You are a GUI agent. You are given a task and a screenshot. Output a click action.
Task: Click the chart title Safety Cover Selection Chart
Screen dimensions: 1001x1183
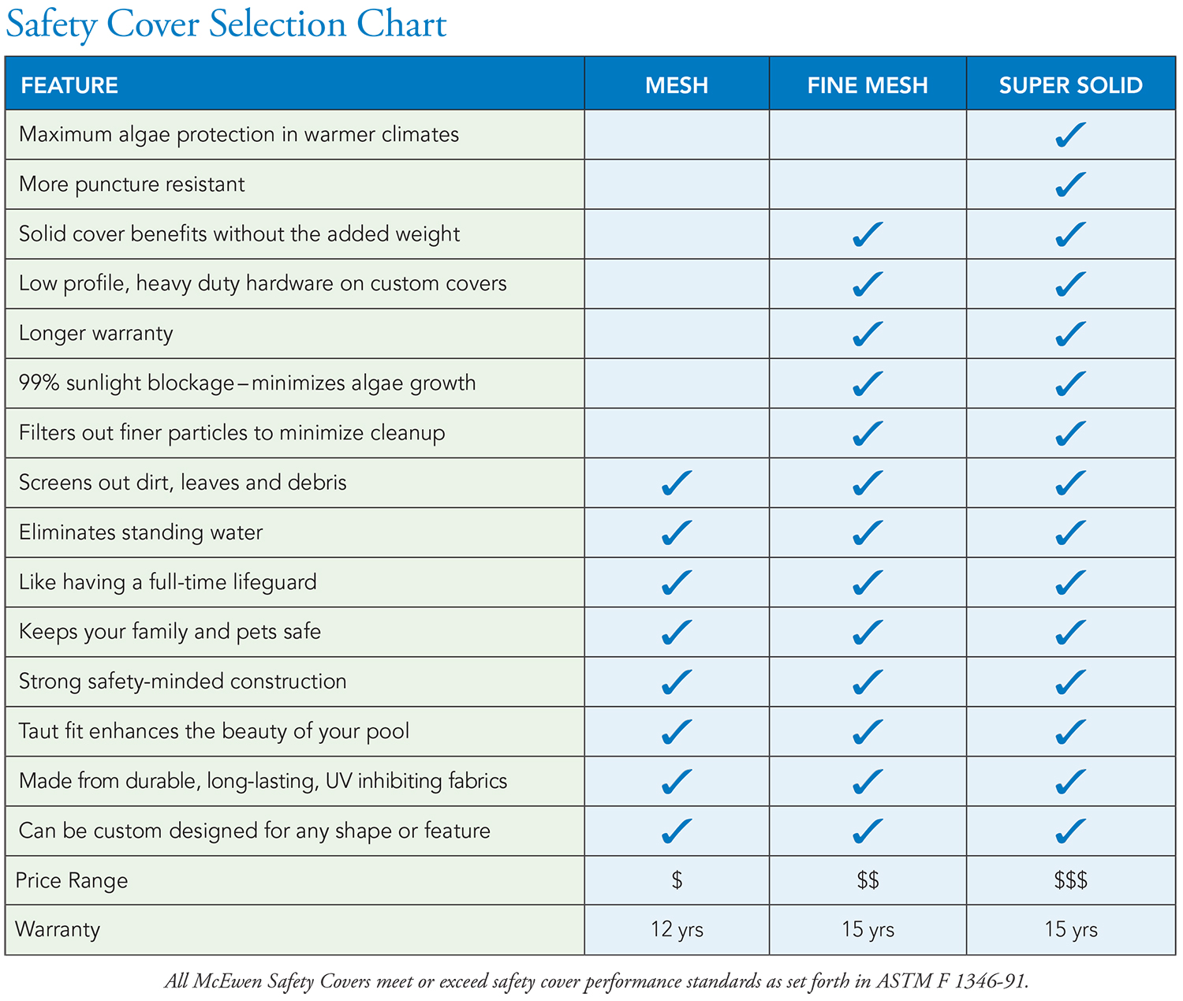[x=226, y=24]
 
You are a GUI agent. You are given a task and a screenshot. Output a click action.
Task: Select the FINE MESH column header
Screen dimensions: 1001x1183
[x=868, y=85]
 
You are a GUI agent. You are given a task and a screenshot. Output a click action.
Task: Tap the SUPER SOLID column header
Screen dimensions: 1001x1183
[x=1070, y=85]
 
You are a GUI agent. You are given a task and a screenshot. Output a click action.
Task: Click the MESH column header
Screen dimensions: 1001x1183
[x=677, y=85]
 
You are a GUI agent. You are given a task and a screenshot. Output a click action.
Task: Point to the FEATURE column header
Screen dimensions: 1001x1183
[x=69, y=85]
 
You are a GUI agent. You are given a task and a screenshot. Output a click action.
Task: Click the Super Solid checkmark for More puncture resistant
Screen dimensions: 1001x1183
[x=1070, y=185]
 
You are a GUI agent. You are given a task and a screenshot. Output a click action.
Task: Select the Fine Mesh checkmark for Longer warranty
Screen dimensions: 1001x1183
[x=868, y=334]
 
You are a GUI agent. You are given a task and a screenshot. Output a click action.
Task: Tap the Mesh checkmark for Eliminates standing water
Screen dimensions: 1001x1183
[x=677, y=533]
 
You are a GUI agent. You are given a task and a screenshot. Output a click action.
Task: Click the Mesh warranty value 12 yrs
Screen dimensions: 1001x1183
[x=677, y=929]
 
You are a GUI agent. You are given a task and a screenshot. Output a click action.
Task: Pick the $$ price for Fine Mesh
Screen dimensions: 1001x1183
[x=868, y=880]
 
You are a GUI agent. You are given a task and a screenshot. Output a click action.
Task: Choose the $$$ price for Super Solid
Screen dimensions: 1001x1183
[x=1070, y=880]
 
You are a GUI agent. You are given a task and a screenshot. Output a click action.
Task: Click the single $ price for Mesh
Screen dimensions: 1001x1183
[x=677, y=880]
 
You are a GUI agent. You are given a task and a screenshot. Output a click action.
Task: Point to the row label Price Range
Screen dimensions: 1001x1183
[x=72, y=880]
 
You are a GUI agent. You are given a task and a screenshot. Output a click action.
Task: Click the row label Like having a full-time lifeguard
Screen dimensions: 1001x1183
[x=167, y=582]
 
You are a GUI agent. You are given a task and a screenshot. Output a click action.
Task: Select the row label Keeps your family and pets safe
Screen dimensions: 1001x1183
[x=170, y=632]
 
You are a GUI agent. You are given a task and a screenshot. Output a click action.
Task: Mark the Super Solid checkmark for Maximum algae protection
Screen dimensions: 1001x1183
[x=1070, y=135]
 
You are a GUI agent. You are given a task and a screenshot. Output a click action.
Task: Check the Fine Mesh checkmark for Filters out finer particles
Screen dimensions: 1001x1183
[x=868, y=433]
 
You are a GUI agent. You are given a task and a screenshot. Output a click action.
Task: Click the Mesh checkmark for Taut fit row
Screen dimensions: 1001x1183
[x=677, y=732]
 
